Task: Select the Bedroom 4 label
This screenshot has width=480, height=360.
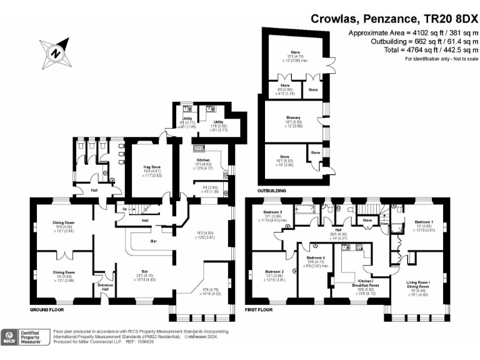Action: coord(316,258)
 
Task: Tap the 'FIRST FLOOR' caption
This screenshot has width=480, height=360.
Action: coord(262,309)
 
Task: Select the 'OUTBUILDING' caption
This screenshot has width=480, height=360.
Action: coord(272,190)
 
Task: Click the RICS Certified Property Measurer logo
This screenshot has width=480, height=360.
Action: coord(25,337)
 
